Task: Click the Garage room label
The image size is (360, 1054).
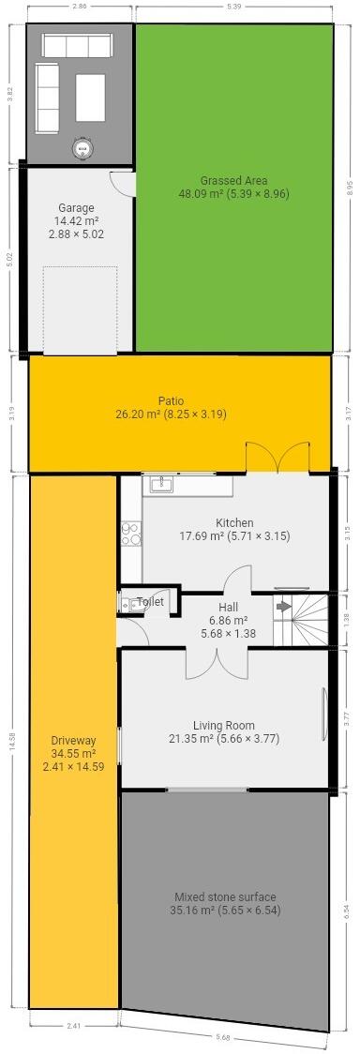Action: pos(76,208)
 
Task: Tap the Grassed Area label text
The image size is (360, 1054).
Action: pos(233,181)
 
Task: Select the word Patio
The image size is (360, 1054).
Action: pos(171,400)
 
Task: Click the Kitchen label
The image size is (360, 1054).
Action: pos(234,523)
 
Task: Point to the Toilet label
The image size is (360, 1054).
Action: pos(151,601)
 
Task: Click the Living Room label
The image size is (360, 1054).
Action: pos(224,725)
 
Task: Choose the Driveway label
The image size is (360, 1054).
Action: pos(73,740)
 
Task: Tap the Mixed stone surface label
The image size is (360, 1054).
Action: pos(225,896)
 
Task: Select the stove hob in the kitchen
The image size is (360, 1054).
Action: pos(130,533)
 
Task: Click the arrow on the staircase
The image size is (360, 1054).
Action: pos(284,607)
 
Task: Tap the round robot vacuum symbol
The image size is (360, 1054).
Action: pos(83,146)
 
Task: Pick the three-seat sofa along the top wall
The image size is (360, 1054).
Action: pos(75,46)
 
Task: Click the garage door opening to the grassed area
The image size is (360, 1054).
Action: pos(125,183)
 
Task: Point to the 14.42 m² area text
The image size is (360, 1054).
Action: pos(76,220)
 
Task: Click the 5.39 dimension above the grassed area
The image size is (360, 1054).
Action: pos(233,6)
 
